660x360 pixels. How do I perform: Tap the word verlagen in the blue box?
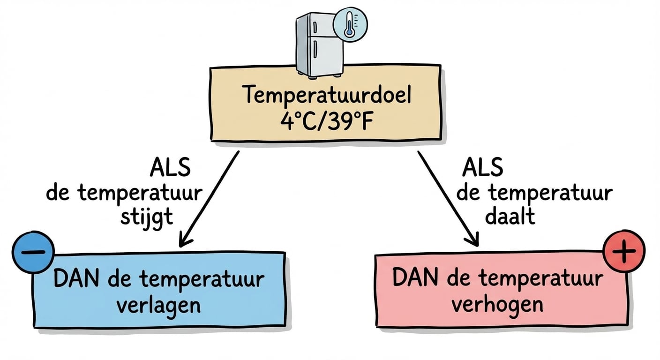(158, 305)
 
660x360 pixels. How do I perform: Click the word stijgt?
(147, 218)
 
